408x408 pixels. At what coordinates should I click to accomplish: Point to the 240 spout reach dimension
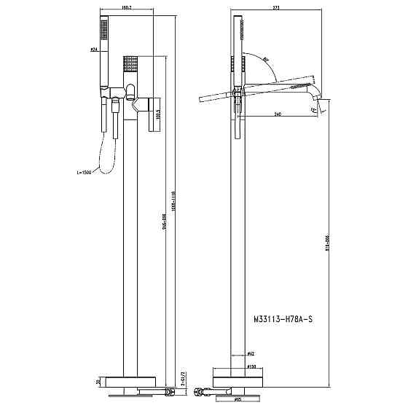coord(278,114)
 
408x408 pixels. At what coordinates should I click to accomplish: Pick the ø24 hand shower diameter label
coord(94,50)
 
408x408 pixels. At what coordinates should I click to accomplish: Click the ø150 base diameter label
coord(250,367)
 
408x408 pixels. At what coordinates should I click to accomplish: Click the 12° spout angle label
coord(314,109)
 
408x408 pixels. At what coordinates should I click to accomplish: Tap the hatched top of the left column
coord(131,61)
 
